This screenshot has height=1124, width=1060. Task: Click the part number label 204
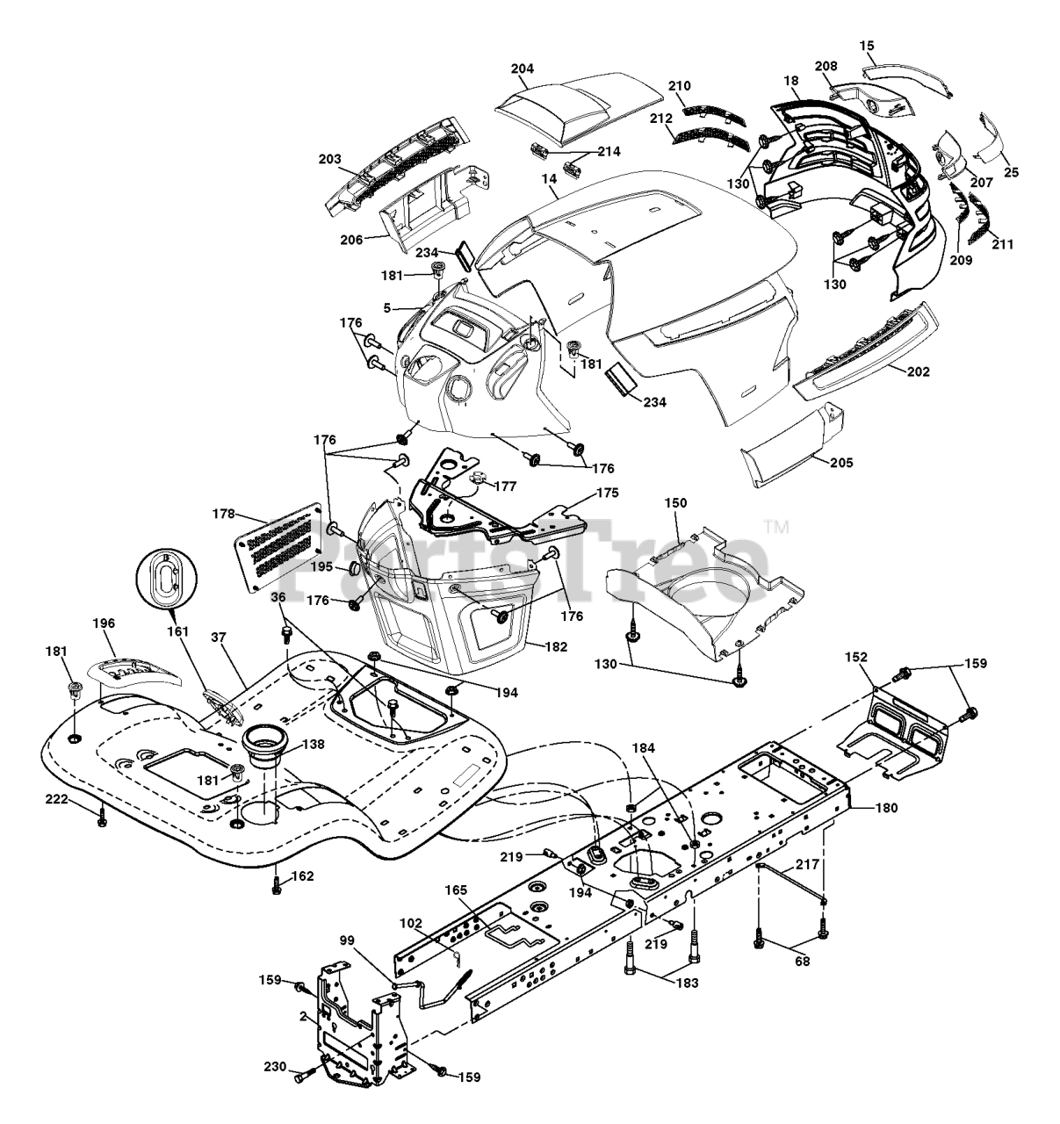click(522, 68)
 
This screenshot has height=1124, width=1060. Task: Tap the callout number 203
click(330, 159)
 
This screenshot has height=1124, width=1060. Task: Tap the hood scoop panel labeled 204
click(575, 104)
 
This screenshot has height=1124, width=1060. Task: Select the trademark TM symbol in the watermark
click(777, 527)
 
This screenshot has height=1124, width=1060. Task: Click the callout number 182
click(554, 645)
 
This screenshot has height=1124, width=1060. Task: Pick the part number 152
click(855, 657)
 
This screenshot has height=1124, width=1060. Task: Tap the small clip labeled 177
click(480, 479)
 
